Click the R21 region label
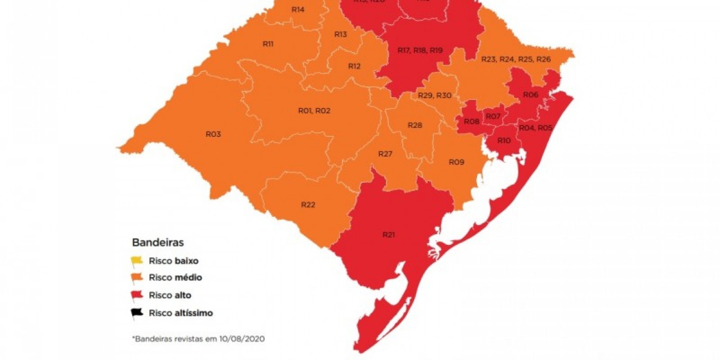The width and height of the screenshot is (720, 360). (388, 235)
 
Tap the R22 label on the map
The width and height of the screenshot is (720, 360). (308, 205)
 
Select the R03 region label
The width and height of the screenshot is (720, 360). (213, 134)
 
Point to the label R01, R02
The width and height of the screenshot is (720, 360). (314, 111)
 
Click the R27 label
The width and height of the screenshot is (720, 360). (385, 154)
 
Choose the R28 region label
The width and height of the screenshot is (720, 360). (415, 125)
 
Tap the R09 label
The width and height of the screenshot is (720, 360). (456, 162)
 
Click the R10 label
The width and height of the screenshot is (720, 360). (504, 141)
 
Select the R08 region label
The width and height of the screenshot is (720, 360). (471, 122)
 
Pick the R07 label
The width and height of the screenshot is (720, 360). (493, 116)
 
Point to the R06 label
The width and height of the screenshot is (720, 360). (530, 95)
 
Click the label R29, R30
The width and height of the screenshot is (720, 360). (435, 95)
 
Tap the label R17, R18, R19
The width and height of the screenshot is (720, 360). (420, 50)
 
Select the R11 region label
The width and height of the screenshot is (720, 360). (268, 44)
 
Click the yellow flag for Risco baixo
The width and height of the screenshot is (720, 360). (137, 260)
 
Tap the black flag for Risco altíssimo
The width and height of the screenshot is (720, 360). (137, 312)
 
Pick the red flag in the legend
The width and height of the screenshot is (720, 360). (137, 295)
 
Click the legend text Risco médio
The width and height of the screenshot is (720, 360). (175, 278)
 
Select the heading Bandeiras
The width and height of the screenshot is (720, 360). (158, 242)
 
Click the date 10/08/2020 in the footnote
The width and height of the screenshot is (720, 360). (242, 339)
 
